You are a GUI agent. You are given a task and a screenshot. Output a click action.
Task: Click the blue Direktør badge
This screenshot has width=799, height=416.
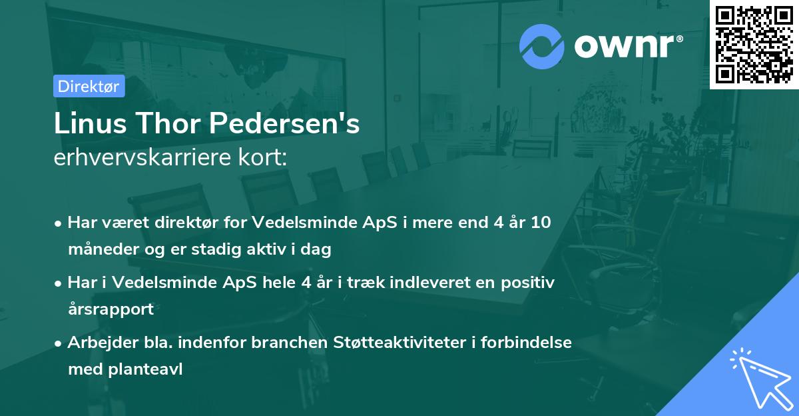(89, 86)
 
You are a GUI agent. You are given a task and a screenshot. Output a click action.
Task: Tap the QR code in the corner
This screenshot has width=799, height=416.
(754, 44)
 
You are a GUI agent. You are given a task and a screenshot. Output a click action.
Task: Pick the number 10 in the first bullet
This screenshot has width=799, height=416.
(541, 223)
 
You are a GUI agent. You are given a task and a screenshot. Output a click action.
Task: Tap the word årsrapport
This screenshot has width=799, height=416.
(111, 309)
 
